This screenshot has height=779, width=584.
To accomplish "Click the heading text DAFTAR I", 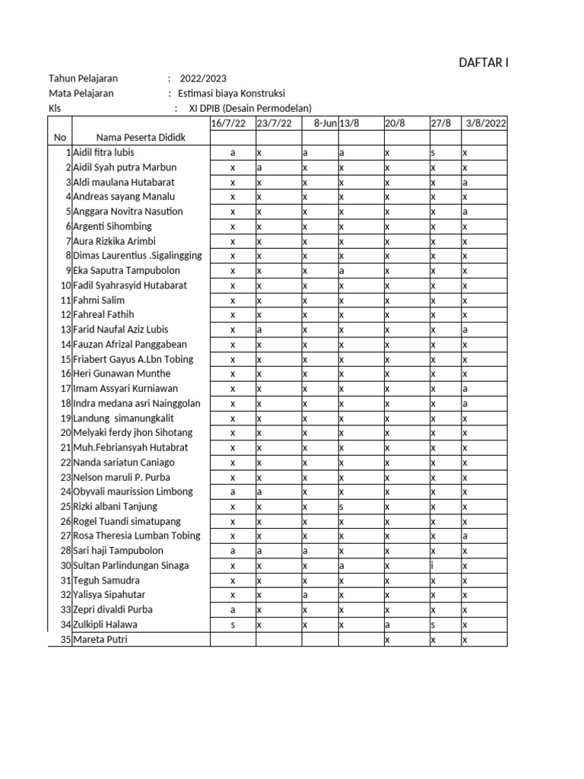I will click(483, 62).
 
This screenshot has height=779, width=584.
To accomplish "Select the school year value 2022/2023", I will click(202, 78).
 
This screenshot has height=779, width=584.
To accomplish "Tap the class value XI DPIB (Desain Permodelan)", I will click(250, 109).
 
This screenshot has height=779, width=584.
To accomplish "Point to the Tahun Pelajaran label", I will click(84, 78).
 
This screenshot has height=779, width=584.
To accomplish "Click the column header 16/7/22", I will click(228, 123).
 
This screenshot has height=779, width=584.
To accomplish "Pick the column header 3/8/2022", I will click(486, 123).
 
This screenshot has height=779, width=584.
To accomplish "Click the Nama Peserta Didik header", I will click(141, 138).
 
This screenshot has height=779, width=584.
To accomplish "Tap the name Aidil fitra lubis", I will click(103, 153).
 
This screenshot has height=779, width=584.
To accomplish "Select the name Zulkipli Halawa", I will click(106, 625).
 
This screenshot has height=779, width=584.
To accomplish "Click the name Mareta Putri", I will click(100, 640).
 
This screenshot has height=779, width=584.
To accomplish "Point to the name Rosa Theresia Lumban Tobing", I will click(137, 536).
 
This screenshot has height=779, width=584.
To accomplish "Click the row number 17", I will click(65, 389).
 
